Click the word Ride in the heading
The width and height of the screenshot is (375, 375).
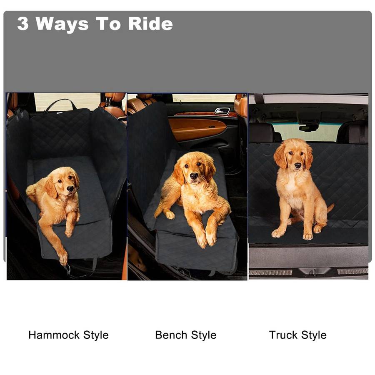(150, 24)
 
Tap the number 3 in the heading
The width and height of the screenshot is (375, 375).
(23, 24)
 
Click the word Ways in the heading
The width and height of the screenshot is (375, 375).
(63, 24)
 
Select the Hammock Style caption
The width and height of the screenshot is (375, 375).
(68, 335)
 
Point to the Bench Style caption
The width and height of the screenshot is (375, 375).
(186, 335)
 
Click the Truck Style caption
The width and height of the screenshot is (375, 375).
(297, 335)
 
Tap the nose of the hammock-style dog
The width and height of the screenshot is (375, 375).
(70, 189)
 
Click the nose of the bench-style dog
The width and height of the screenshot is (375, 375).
(194, 176)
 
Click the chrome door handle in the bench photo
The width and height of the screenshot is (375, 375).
(222, 111)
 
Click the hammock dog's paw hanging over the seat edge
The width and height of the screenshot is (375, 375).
(63, 258)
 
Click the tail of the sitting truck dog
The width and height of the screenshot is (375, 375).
(330, 207)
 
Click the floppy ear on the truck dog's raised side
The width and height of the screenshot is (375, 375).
(280, 157)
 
